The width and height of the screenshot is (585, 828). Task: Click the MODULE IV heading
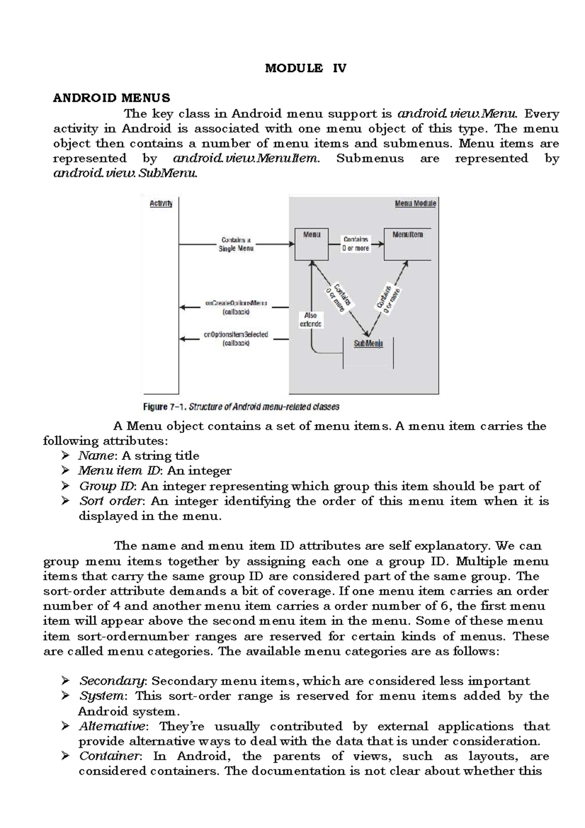pyautogui.click(x=305, y=68)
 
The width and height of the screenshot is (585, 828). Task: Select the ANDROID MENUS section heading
pyautogui.click(x=112, y=98)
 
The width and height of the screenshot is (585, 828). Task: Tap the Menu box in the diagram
pyautogui.click(x=312, y=244)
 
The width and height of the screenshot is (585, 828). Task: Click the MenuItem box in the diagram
pyautogui.click(x=408, y=244)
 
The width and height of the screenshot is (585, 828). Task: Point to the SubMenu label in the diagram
pyautogui.click(x=368, y=344)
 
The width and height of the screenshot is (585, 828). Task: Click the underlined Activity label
pyautogui.click(x=161, y=204)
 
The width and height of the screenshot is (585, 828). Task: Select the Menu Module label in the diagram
pyautogui.click(x=415, y=204)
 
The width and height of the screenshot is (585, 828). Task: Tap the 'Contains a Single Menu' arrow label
pyautogui.click(x=236, y=244)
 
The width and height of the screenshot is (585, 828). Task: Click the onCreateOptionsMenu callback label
pyautogui.click(x=236, y=307)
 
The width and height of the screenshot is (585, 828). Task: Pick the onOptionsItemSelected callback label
pyautogui.click(x=236, y=339)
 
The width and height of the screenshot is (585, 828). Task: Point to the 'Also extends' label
pyautogui.click(x=311, y=319)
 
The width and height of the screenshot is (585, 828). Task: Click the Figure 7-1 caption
pyautogui.click(x=241, y=407)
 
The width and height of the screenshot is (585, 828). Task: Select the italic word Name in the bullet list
pyautogui.click(x=96, y=456)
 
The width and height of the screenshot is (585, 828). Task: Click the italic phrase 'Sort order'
pyautogui.click(x=111, y=501)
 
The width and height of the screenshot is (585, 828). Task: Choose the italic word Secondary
pyautogui.click(x=112, y=681)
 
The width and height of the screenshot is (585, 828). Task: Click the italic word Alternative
pyautogui.click(x=112, y=727)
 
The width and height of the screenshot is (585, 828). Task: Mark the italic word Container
pyautogui.click(x=110, y=756)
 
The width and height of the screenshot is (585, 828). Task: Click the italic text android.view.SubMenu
pyautogui.click(x=125, y=174)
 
